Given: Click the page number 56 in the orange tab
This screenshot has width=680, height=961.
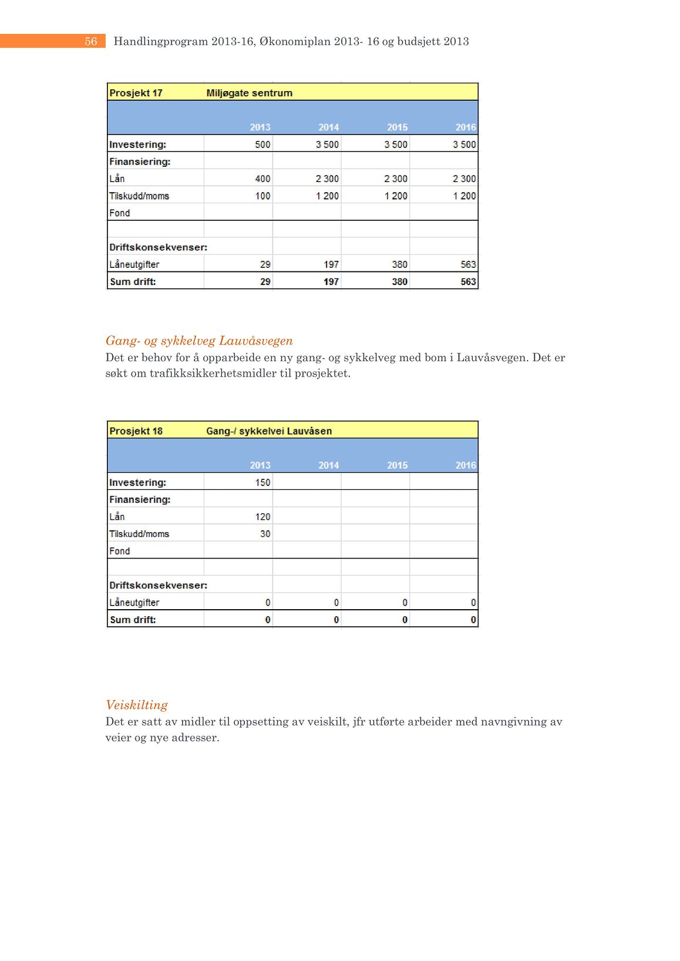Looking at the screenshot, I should pyautogui.click(x=91, y=41).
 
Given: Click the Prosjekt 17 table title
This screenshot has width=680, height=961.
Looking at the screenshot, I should pyautogui.click(x=136, y=93).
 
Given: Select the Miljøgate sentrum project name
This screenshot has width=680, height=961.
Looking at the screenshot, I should pyautogui.click(x=249, y=93).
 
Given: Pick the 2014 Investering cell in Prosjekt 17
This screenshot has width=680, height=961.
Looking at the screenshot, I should pyautogui.click(x=327, y=145).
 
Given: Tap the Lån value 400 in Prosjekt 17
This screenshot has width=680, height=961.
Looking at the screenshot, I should pyautogui.click(x=262, y=179).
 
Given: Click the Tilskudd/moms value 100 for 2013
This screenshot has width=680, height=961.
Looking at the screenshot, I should pyautogui.click(x=262, y=196).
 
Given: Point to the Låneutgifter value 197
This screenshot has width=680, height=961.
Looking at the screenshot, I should pyautogui.click(x=331, y=264).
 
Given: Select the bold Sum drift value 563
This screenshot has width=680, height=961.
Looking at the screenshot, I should pyautogui.click(x=468, y=282).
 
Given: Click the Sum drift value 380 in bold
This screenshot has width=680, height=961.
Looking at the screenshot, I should pyautogui.click(x=399, y=282).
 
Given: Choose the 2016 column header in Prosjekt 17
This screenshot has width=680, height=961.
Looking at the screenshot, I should pyautogui.click(x=466, y=127).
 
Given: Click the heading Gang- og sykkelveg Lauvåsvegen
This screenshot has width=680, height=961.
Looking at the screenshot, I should pyautogui.click(x=199, y=341).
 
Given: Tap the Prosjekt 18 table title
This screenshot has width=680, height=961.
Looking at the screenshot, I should pyautogui.click(x=136, y=431).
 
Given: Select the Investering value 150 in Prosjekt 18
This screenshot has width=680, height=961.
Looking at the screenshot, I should pyautogui.click(x=262, y=482).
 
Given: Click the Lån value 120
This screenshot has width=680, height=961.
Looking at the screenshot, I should pyautogui.click(x=262, y=517).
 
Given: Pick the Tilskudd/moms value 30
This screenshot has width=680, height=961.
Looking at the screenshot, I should pyautogui.click(x=265, y=534).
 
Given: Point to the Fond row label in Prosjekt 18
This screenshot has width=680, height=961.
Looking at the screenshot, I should pyautogui.click(x=120, y=551).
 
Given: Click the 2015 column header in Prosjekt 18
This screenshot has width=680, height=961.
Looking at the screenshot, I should pyautogui.click(x=397, y=465).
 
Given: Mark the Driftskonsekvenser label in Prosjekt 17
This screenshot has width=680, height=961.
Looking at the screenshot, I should pyautogui.click(x=158, y=247).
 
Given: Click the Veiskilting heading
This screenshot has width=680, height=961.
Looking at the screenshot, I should pyautogui.click(x=137, y=705).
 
